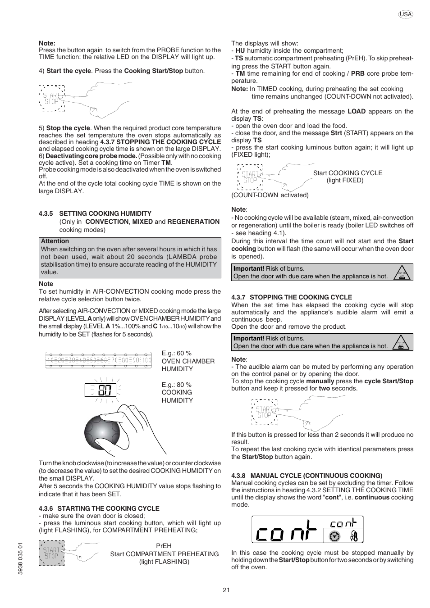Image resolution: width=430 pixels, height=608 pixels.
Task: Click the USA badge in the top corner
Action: tap(406, 14)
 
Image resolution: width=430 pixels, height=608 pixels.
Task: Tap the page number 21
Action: tap(226, 590)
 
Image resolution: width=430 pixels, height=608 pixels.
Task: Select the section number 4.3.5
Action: tap(46, 213)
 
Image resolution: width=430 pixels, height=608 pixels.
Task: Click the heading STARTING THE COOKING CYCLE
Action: tap(108, 508)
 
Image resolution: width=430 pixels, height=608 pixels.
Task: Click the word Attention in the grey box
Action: tap(55, 241)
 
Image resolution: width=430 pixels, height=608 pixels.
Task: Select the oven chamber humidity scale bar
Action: tap(99, 360)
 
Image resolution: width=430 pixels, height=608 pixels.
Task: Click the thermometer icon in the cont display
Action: tap(354, 536)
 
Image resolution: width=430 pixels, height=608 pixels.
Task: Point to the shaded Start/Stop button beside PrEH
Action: tap(51, 553)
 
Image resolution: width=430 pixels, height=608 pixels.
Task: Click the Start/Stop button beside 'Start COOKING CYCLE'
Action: tap(250, 177)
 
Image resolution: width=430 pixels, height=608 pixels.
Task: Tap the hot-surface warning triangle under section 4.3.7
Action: tap(402, 342)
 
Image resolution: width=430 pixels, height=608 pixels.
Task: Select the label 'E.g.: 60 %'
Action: tap(177, 353)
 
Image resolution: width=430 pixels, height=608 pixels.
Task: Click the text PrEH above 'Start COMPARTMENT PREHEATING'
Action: tap(164, 546)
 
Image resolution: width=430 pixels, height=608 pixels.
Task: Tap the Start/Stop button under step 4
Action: tap(51, 98)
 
